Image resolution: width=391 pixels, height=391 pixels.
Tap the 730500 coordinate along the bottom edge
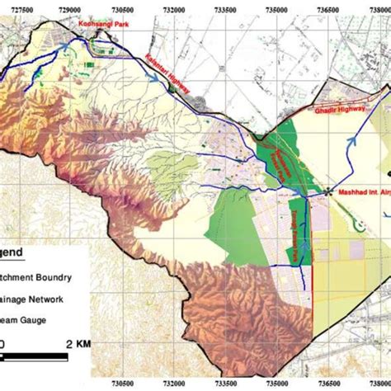pos(123,384)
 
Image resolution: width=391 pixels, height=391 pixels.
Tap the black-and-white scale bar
pos(33,356)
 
